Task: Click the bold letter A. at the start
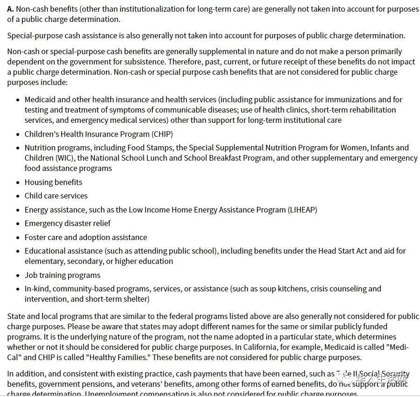[11, 9]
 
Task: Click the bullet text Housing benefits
[53, 182]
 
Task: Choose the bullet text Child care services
[56, 196]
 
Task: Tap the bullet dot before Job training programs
[18, 276]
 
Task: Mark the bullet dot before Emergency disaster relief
[18, 224]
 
